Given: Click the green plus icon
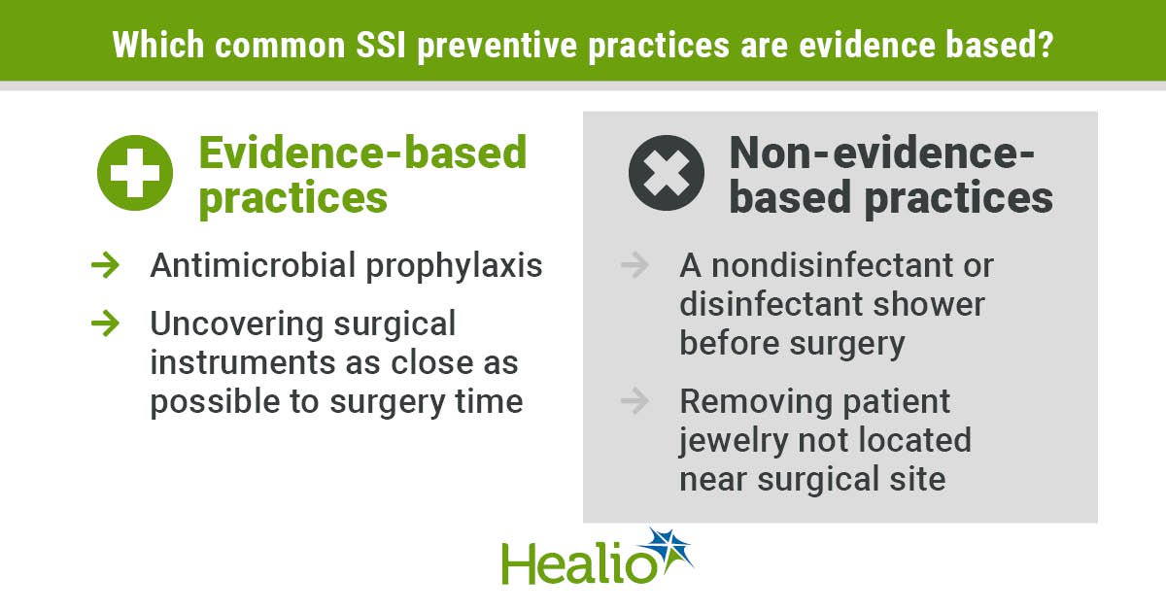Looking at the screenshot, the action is (x=135, y=173).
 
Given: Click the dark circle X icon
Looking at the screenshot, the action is (x=667, y=173).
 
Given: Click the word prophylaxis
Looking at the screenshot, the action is (x=454, y=266).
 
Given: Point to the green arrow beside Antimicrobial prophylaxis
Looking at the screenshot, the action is (x=105, y=265).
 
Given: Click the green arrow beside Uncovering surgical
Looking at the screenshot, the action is (x=105, y=323).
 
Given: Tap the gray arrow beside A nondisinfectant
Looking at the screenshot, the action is (x=634, y=265).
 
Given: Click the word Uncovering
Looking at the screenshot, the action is (x=237, y=323).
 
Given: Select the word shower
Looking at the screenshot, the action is (x=929, y=304).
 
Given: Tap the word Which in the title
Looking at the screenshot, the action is (x=157, y=45).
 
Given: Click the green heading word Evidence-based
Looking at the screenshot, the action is (x=362, y=153).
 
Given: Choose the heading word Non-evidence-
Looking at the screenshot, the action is (x=882, y=153).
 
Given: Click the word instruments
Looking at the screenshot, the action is (x=243, y=362).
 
